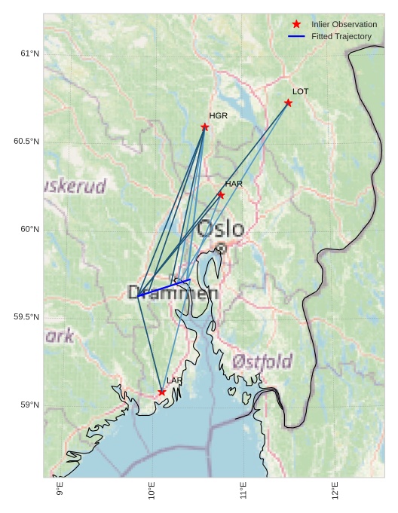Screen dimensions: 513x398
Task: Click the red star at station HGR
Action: click(205, 127)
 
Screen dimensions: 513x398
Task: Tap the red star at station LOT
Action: click(288, 102)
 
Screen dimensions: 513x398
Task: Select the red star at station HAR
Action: click(221, 195)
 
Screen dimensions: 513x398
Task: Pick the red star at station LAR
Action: click(162, 392)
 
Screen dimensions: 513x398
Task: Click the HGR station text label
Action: click(218, 116)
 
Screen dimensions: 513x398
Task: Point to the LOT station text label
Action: click(300, 91)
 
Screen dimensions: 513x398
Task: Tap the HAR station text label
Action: click(234, 184)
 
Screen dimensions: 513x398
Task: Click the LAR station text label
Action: click(174, 381)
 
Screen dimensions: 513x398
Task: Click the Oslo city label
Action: click(220, 228)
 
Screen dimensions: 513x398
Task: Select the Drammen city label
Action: click(173, 293)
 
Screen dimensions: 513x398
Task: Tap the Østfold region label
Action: click(262, 362)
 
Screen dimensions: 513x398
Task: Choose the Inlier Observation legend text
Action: click(344, 24)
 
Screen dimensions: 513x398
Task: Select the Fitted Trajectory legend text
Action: click(341, 36)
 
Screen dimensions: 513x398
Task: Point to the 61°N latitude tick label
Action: click(29, 53)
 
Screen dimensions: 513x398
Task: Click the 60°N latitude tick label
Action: click(29, 229)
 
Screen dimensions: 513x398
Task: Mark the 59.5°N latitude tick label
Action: click(26, 317)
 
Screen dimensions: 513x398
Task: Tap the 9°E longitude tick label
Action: click(60, 490)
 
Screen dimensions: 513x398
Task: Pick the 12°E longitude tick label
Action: click(335, 490)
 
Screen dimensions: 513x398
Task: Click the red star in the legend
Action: click(296, 24)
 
